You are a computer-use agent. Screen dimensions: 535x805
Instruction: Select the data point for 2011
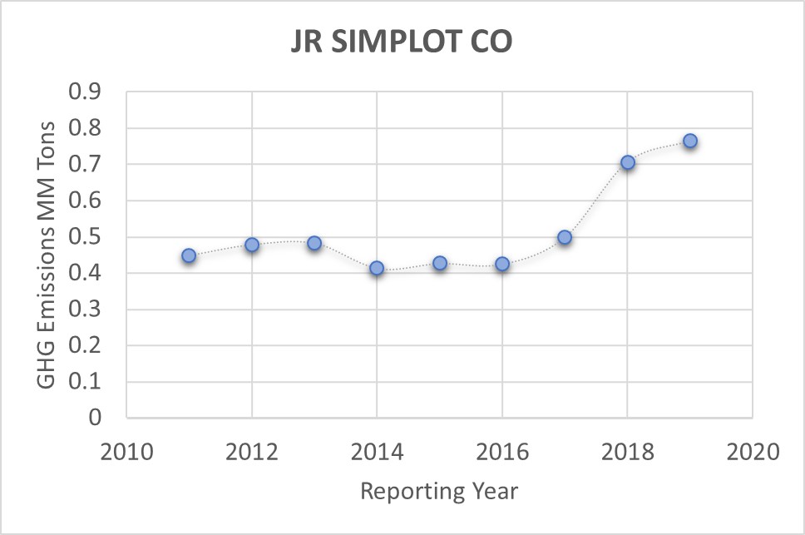pyautogui.click(x=189, y=255)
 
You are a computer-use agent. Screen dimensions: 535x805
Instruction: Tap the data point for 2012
pyautogui.click(x=252, y=245)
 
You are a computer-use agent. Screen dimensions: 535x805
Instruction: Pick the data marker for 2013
pyautogui.click(x=314, y=243)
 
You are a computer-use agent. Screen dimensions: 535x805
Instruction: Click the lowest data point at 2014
pyautogui.click(x=377, y=268)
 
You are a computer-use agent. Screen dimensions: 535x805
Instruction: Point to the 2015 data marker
pyautogui.click(x=440, y=263)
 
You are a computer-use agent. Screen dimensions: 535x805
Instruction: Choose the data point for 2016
pyautogui.click(x=502, y=264)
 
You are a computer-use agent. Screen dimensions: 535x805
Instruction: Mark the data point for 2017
pyautogui.click(x=565, y=237)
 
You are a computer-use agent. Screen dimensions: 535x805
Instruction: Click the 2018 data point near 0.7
pyautogui.click(x=628, y=162)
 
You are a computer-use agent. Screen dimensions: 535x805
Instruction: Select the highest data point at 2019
pyautogui.click(x=690, y=141)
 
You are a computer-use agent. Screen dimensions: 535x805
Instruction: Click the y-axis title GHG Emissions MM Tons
pyautogui.click(x=47, y=254)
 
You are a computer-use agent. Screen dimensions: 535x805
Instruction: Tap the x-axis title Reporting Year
pyautogui.click(x=439, y=491)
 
